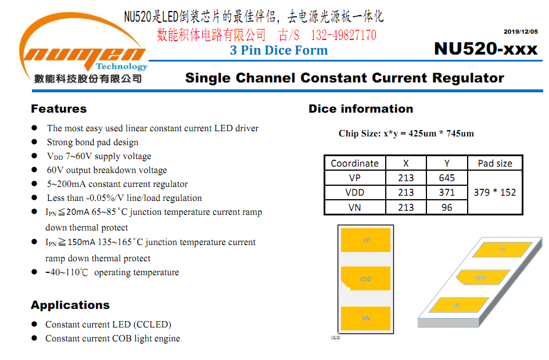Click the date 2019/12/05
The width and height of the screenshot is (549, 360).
pos(521,31)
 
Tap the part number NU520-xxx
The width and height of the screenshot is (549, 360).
pos(486,49)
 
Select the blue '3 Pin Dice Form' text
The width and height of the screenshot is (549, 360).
pos(279,50)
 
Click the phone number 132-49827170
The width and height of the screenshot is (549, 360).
pos(343,35)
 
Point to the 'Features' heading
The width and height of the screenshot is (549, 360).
pos(59,109)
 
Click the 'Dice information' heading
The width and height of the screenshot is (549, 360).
pos(361,109)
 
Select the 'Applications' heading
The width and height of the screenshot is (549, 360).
pos(70,305)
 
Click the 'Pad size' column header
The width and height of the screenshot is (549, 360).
pos(495,163)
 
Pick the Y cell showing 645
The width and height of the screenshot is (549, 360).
pos(447,178)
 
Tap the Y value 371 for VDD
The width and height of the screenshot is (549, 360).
pos(447,192)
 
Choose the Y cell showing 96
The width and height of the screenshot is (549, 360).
pos(447,207)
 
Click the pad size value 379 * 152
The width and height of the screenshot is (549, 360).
pos(495,192)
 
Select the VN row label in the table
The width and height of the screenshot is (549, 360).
pos(355,207)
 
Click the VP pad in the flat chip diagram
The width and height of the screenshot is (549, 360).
pos(365,240)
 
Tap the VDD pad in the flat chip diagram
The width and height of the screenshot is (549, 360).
pos(366,279)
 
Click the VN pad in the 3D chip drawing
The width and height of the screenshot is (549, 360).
pos(459,305)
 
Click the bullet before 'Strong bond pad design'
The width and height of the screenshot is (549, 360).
pos(34,142)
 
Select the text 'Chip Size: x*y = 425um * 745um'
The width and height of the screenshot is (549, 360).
pos(406,134)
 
